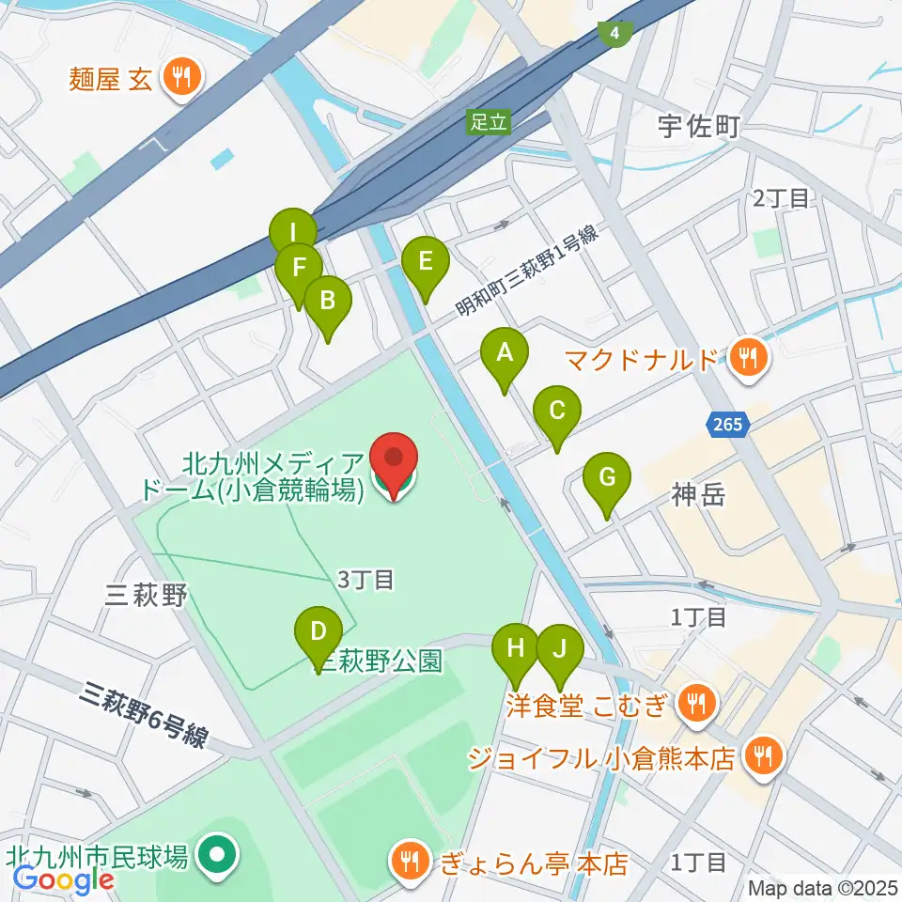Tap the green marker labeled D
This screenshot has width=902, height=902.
pos(319,631)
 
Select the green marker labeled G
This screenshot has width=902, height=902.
pos(607,479)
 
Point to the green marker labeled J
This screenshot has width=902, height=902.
pos(560,650)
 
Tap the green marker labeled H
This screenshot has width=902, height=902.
pos(516,650)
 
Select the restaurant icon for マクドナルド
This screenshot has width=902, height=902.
pos(749,358)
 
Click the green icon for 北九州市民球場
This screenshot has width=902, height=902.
pos(219,856)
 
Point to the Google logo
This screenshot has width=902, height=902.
pos(63,879)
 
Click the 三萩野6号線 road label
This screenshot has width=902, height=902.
pos(143,714)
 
